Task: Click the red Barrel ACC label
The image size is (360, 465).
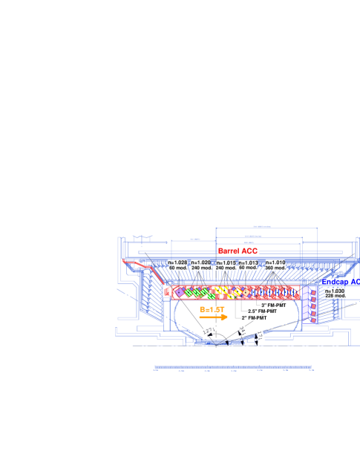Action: click(x=238, y=251)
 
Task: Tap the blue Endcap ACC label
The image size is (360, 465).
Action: click(x=341, y=283)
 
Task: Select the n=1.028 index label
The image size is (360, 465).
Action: click(x=177, y=263)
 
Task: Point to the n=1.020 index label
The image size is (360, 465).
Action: click(x=200, y=263)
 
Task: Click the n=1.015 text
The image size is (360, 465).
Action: click(x=226, y=263)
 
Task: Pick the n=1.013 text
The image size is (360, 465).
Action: click(x=249, y=263)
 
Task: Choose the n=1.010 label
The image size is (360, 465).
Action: click(x=275, y=263)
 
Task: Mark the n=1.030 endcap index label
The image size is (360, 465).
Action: click(x=336, y=291)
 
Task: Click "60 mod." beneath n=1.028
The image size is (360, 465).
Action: click(x=178, y=268)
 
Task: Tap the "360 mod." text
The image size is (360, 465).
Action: click(x=275, y=268)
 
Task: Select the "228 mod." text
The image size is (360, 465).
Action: click(x=336, y=296)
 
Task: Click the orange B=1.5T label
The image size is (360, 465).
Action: click(x=212, y=309)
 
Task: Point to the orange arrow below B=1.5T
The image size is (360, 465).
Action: click(x=214, y=317)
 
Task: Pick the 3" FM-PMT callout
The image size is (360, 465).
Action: click(x=273, y=305)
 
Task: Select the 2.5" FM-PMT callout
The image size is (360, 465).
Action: click(x=262, y=311)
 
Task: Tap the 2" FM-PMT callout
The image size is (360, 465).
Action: click(x=254, y=317)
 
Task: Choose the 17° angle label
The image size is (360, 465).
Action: click(x=261, y=336)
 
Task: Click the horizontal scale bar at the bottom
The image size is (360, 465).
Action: click(x=232, y=366)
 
